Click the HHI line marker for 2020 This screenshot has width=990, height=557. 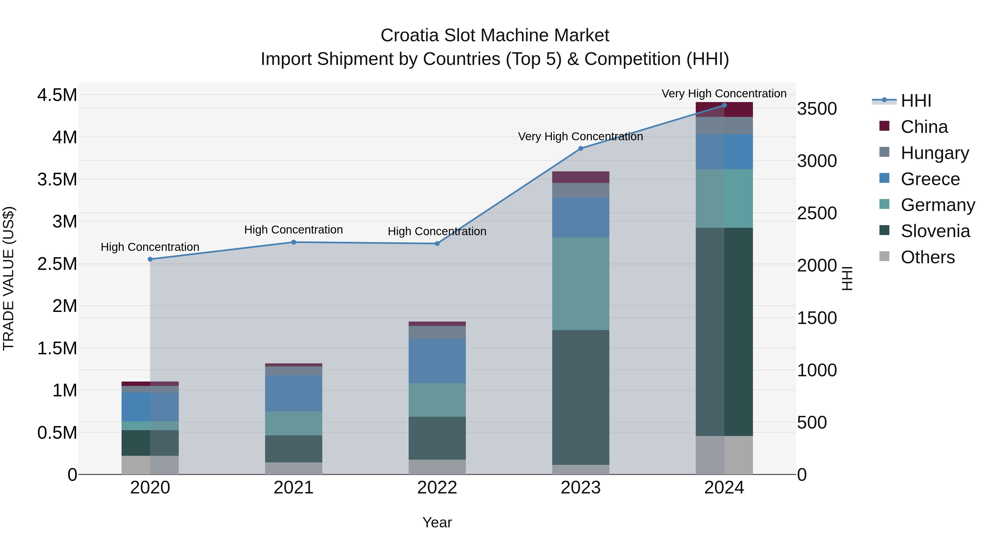tap(150, 259)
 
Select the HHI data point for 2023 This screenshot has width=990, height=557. tap(581, 148)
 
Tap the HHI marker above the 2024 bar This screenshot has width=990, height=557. tap(724, 105)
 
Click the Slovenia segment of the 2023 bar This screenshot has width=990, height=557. tap(581, 397)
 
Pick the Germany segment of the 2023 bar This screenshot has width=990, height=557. tap(581, 284)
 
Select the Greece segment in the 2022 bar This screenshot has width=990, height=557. tap(437, 361)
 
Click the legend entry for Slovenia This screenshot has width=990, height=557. tap(935, 231)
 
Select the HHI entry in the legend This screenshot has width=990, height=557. tap(915, 101)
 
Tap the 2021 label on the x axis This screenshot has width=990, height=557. tap(294, 488)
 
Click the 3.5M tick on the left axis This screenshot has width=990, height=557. tap(57, 180)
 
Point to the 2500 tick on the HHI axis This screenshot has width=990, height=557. tap(817, 213)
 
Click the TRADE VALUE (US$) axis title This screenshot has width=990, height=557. tap(9, 278)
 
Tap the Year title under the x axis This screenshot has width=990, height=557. tap(437, 522)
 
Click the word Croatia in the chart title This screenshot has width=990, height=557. tap(409, 35)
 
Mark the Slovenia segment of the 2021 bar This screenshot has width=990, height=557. tap(294, 449)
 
